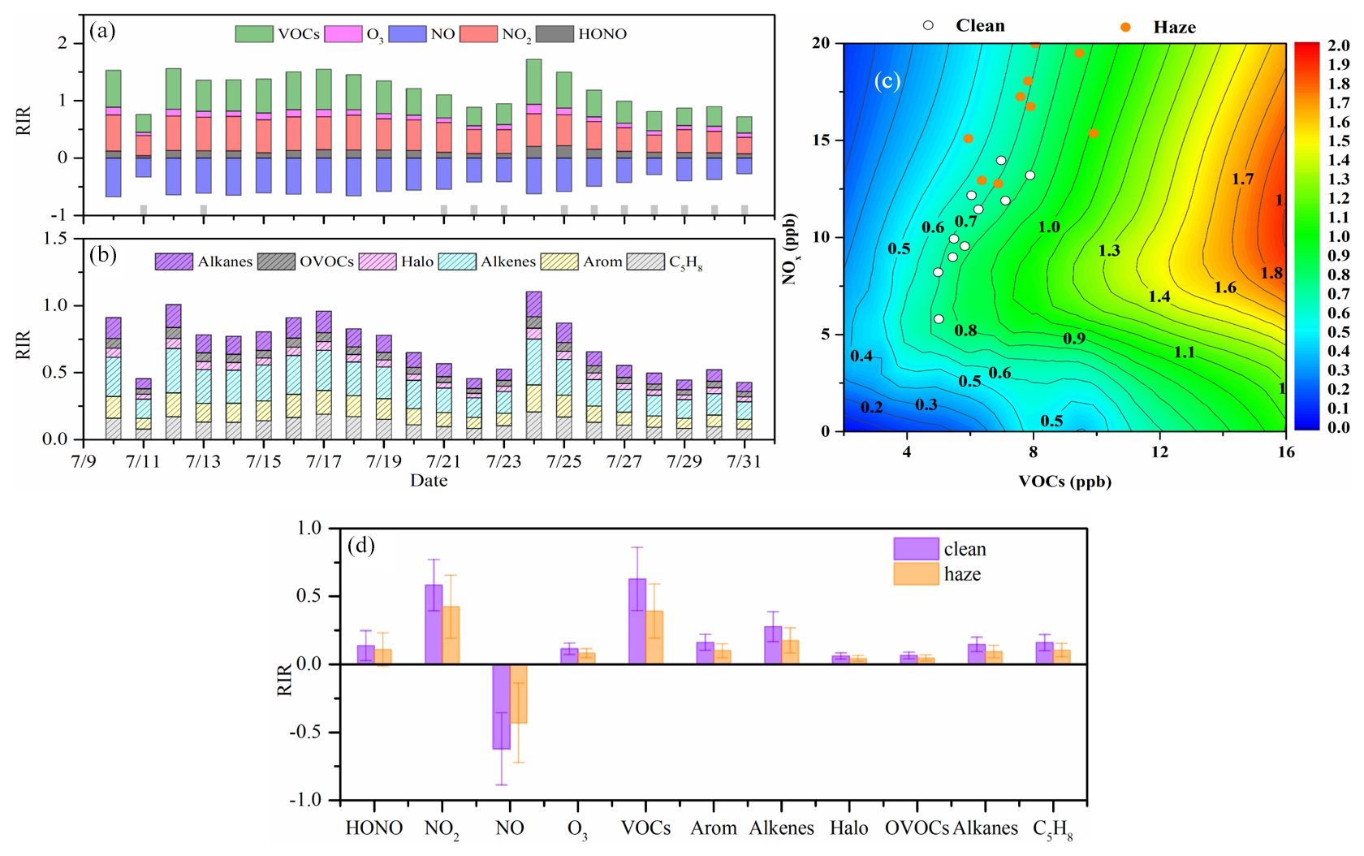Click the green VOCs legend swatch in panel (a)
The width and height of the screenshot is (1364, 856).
pyautogui.click(x=253, y=33)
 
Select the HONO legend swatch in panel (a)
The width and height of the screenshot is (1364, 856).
pyautogui.click(x=555, y=33)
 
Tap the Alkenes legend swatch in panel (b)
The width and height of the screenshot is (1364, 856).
pyautogui.click(x=456, y=262)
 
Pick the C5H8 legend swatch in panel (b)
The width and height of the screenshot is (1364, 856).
pyautogui.click(x=645, y=262)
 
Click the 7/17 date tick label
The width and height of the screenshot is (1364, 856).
pyautogui.click(x=323, y=461)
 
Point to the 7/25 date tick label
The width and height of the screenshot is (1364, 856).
pyautogui.click(x=563, y=461)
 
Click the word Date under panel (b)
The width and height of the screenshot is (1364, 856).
pyautogui.click(x=429, y=480)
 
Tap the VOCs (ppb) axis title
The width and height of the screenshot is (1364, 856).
pyautogui.click(x=1064, y=482)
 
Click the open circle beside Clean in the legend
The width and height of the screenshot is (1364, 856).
pyautogui.click(x=928, y=26)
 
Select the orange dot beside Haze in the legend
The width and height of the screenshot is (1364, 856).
pyautogui.click(x=1125, y=28)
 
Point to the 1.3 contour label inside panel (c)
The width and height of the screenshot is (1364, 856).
pyautogui.click(x=1109, y=251)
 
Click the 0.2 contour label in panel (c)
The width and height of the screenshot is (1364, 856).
pyautogui.click(x=871, y=407)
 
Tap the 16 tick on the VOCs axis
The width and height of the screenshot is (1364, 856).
pyautogui.click(x=1285, y=452)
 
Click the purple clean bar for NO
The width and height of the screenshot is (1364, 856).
pyautogui.click(x=501, y=707)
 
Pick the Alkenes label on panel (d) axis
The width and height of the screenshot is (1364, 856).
pyautogui.click(x=781, y=828)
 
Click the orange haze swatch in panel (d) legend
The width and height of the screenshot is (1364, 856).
pyautogui.click(x=916, y=574)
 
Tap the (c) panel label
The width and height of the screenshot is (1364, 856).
pyautogui.click(x=887, y=80)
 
